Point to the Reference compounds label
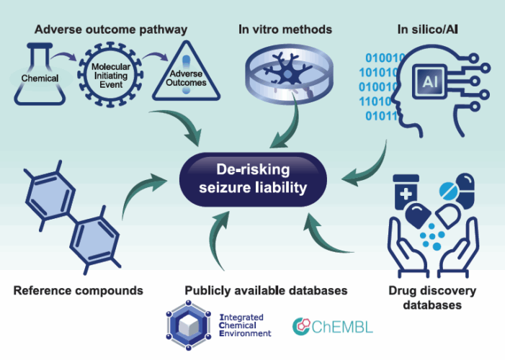click(78, 291)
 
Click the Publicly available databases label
click(266, 291)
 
